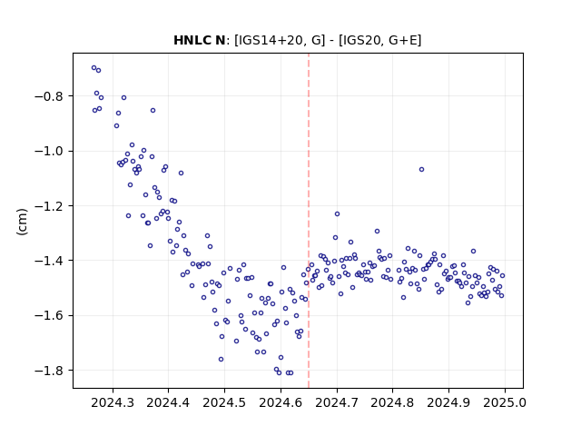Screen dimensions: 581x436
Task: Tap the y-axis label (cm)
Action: coord(22,222)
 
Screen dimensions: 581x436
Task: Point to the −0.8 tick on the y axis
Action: coord(50,96)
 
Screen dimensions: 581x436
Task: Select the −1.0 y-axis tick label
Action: coord(50,152)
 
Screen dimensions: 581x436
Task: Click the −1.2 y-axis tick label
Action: coord(50,206)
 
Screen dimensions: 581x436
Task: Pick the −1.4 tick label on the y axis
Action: coord(50,261)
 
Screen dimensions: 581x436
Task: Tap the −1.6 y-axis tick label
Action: coord(50,316)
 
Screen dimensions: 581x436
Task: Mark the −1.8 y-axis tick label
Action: coord(50,371)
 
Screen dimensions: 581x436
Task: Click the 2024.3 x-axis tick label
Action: coord(113,402)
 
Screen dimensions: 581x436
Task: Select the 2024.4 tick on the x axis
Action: coord(168,402)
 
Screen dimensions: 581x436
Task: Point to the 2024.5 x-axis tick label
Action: coord(224,402)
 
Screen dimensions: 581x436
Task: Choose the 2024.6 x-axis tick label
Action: coord(281,402)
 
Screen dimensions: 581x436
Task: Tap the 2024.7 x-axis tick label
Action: coord(337,402)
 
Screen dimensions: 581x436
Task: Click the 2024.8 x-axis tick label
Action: coord(392,402)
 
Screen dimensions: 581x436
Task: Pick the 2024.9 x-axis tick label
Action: coord(448,402)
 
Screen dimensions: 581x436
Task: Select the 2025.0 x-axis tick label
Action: coord(505,402)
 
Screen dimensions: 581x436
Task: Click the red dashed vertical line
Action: coord(309,221)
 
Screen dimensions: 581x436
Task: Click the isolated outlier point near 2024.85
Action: coord(421,170)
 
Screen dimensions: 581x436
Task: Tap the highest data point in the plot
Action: coord(94,68)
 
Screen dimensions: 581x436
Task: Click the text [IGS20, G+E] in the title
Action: coord(380,40)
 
